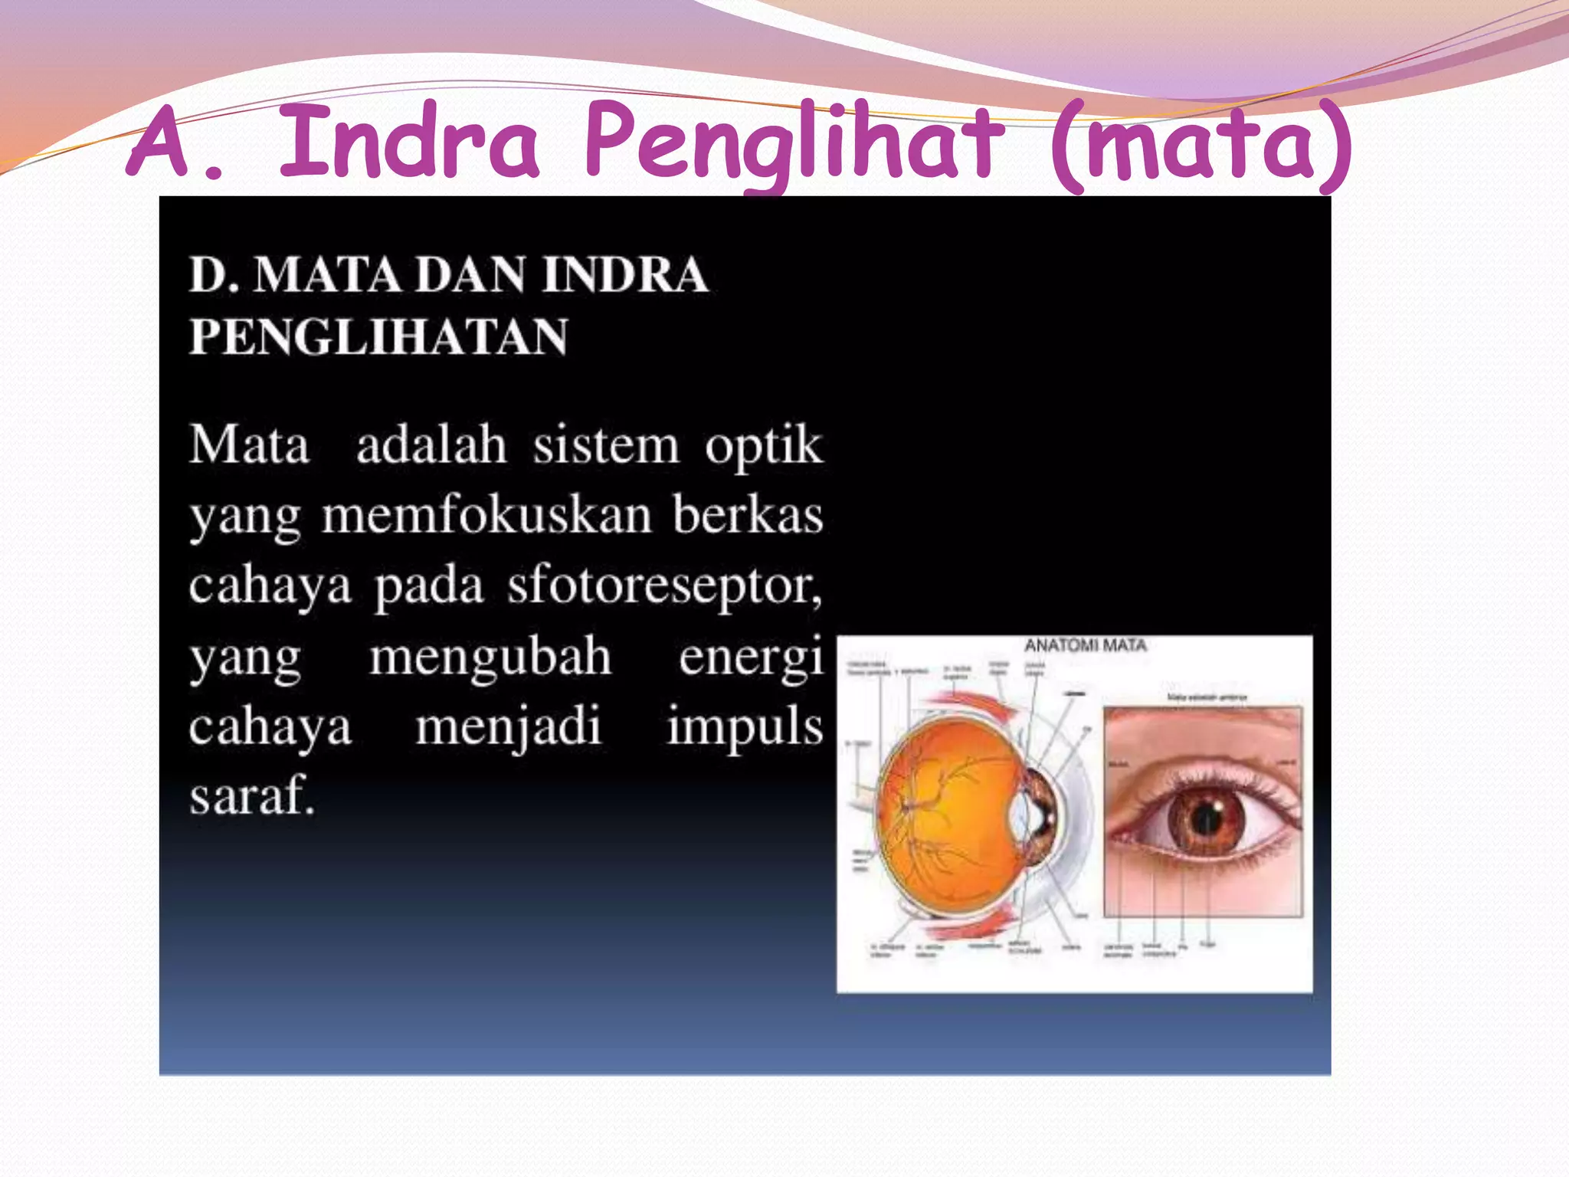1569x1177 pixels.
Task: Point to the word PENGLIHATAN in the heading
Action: (x=378, y=337)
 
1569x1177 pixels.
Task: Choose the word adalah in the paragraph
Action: (x=431, y=445)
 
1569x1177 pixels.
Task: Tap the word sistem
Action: (x=605, y=445)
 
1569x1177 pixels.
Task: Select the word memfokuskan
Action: (x=486, y=515)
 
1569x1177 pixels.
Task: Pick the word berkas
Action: (x=748, y=515)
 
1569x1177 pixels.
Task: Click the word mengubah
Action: (x=490, y=657)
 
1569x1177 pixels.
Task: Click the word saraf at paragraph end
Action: (x=252, y=795)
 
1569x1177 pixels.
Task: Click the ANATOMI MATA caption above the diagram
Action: (x=1085, y=646)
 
